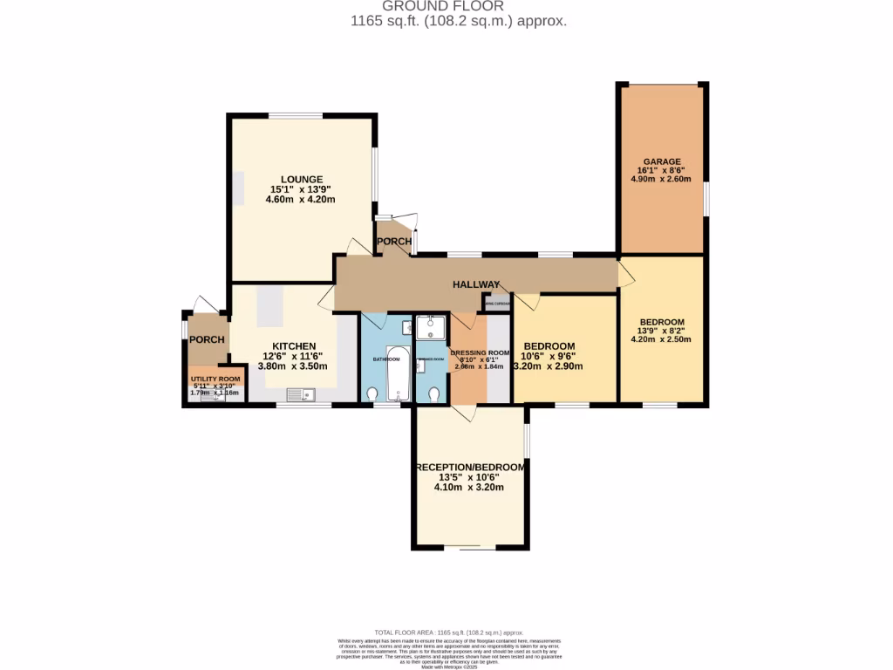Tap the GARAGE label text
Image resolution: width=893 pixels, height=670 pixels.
coord(660,161)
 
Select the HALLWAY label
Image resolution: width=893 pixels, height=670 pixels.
coord(475,285)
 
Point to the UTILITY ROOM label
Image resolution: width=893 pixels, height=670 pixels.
coord(215,379)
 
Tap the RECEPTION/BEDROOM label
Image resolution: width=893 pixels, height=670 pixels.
coord(471,468)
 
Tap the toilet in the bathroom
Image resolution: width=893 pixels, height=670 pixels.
coord(373,395)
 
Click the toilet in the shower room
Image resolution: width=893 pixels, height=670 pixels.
coord(433,395)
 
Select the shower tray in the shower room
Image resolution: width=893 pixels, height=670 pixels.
coord(431,327)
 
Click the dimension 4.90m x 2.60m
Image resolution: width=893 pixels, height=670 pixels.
coord(660,179)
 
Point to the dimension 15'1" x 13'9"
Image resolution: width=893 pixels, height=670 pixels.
coord(301,189)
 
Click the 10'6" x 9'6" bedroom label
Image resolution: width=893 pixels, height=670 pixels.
coord(548,356)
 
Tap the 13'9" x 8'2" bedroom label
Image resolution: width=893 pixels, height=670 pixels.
coord(661,330)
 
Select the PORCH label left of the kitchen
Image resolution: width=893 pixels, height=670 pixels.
coord(208,340)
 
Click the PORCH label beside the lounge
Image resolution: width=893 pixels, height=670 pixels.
coord(393,242)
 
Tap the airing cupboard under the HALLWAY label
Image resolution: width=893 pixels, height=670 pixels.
coord(498,303)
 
